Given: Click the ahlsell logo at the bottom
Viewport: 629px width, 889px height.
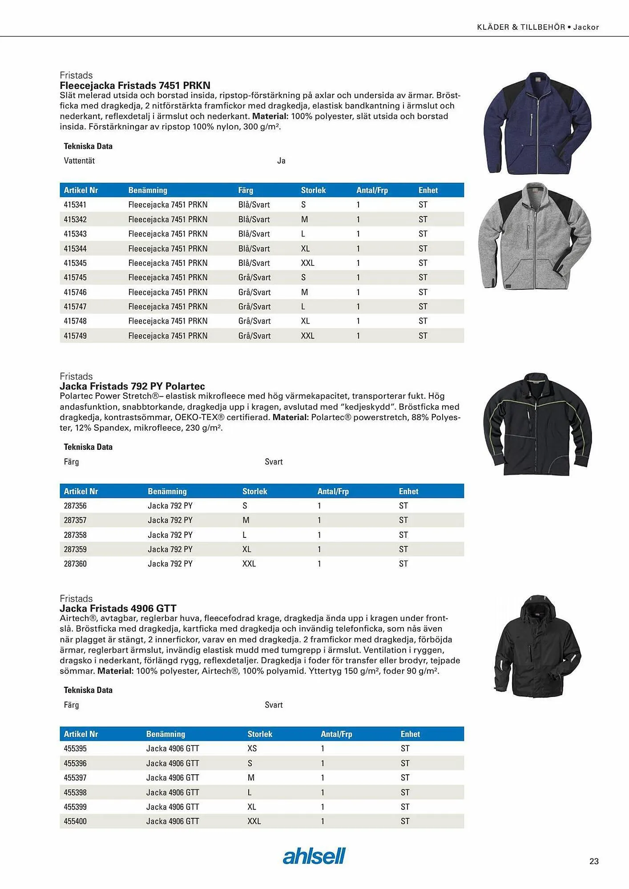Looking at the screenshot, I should tap(314, 856).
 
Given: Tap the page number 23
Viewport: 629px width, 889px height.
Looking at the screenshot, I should tap(594, 861).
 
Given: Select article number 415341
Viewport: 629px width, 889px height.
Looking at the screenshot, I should tap(75, 204).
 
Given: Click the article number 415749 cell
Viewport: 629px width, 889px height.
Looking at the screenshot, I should tap(75, 336).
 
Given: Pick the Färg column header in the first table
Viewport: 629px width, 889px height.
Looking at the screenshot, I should tap(246, 190).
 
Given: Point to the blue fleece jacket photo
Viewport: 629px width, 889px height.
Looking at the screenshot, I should tap(537, 123).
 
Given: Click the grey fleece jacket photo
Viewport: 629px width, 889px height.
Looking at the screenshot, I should tap(535, 236).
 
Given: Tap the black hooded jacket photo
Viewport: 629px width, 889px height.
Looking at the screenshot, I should tap(537, 646).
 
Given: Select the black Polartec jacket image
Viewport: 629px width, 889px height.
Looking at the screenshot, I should tap(537, 424).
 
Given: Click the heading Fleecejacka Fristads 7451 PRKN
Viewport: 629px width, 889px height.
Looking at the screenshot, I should tap(135, 85).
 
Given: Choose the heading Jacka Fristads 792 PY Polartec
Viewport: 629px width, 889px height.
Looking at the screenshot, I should tap(132, 386).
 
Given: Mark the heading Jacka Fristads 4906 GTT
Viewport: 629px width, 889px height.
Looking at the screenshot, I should tap(118, 608).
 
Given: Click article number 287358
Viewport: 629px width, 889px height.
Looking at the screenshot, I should tap(75, 535).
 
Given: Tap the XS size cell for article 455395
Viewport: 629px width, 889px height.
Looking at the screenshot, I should tap(252, 749).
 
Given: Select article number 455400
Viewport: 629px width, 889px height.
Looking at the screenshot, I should tap(75, 821).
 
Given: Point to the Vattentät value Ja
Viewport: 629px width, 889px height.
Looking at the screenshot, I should tap(281, 161).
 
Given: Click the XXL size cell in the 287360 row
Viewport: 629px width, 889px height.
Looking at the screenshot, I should tap(249, 564).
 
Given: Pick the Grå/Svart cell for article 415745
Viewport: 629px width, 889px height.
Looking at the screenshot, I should tap(254, 277).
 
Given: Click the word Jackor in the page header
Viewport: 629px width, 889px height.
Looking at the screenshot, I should tap(586, 27).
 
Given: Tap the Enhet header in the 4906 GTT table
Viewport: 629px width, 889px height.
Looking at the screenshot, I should tap(410, 734).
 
